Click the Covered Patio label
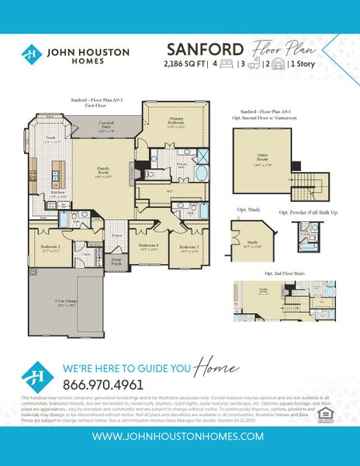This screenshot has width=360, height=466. [x=106, y=126]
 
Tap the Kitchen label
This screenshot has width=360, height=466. [x=57, y=194]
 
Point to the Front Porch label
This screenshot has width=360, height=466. [x=116, y=262]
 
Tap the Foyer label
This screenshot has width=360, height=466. [x=117, y=235]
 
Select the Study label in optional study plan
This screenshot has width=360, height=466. [x=251, y=243]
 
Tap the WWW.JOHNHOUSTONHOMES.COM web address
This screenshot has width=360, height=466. [x=179, y=437]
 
